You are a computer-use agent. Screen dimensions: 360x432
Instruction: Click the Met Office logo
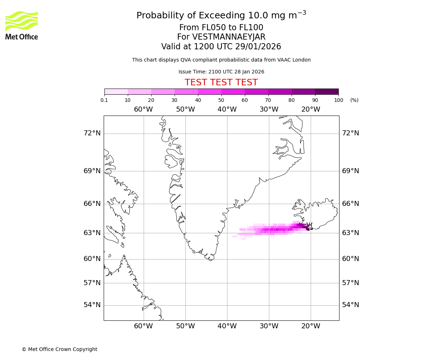tap(22, 25)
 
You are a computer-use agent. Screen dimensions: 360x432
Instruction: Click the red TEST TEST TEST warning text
tap(221, 82)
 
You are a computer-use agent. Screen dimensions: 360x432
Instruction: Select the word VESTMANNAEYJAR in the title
tap(229, 37)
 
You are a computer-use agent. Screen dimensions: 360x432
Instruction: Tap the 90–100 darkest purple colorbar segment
tap(327, 91)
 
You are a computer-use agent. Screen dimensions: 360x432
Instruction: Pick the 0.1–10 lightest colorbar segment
tap(116, 91)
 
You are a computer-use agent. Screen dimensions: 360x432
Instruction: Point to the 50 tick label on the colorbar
tap(221, 100)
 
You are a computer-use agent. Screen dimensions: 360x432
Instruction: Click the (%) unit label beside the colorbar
tap(354, 100)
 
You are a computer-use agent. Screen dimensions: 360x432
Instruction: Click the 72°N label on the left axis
tap(92, 133)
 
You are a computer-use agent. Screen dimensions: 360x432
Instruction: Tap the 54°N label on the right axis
tap(350, 305)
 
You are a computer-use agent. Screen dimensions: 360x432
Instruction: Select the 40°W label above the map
tap(227, 109)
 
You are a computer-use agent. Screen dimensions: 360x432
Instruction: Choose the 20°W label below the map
tap(310, 326)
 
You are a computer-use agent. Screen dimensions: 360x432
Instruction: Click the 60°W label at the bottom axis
tap(143, 326)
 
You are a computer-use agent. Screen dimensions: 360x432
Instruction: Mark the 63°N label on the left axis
tap(92, 233)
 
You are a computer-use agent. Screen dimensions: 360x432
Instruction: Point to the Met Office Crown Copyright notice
tap(59, 349)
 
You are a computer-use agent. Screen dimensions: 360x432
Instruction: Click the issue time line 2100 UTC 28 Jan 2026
tap(221, 72)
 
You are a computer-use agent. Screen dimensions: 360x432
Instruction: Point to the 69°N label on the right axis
tap(350, 171)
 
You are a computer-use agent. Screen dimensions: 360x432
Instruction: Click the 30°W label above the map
tap(269, 109)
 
